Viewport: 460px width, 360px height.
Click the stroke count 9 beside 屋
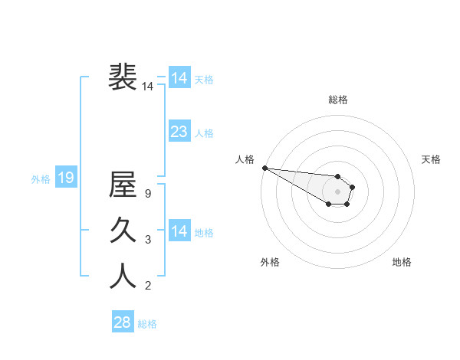(148, 195)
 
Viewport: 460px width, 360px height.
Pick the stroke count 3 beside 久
(148, 240)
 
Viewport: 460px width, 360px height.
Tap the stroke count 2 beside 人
(148, 286)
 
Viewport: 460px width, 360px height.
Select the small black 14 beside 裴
(148, 87)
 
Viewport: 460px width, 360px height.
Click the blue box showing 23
(179, 132)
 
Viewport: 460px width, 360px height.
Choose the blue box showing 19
(65, 178)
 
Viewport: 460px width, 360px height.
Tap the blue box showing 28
(122, 322)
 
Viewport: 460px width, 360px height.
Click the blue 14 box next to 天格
(179, 78)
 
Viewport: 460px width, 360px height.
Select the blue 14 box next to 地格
(179, 231)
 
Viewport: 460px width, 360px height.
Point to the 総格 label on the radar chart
(338, 100)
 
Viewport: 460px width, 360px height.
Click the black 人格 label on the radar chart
(245, 159)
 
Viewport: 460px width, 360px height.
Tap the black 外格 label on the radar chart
(270, 262)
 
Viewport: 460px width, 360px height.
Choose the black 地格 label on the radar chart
(402, 262)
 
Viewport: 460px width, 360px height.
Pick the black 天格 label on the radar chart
(431, 159)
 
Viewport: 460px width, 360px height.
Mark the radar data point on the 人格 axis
(264, 168)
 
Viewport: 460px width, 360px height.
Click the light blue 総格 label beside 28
(147, 324)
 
